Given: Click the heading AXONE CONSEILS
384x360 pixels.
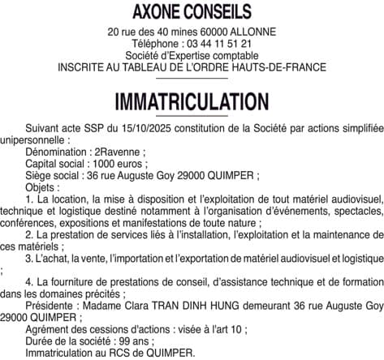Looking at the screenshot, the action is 192,12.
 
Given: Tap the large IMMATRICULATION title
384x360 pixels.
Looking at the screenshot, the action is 192,101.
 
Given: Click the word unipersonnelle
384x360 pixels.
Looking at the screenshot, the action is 34,139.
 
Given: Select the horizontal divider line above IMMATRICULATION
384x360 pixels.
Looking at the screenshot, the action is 192,79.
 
